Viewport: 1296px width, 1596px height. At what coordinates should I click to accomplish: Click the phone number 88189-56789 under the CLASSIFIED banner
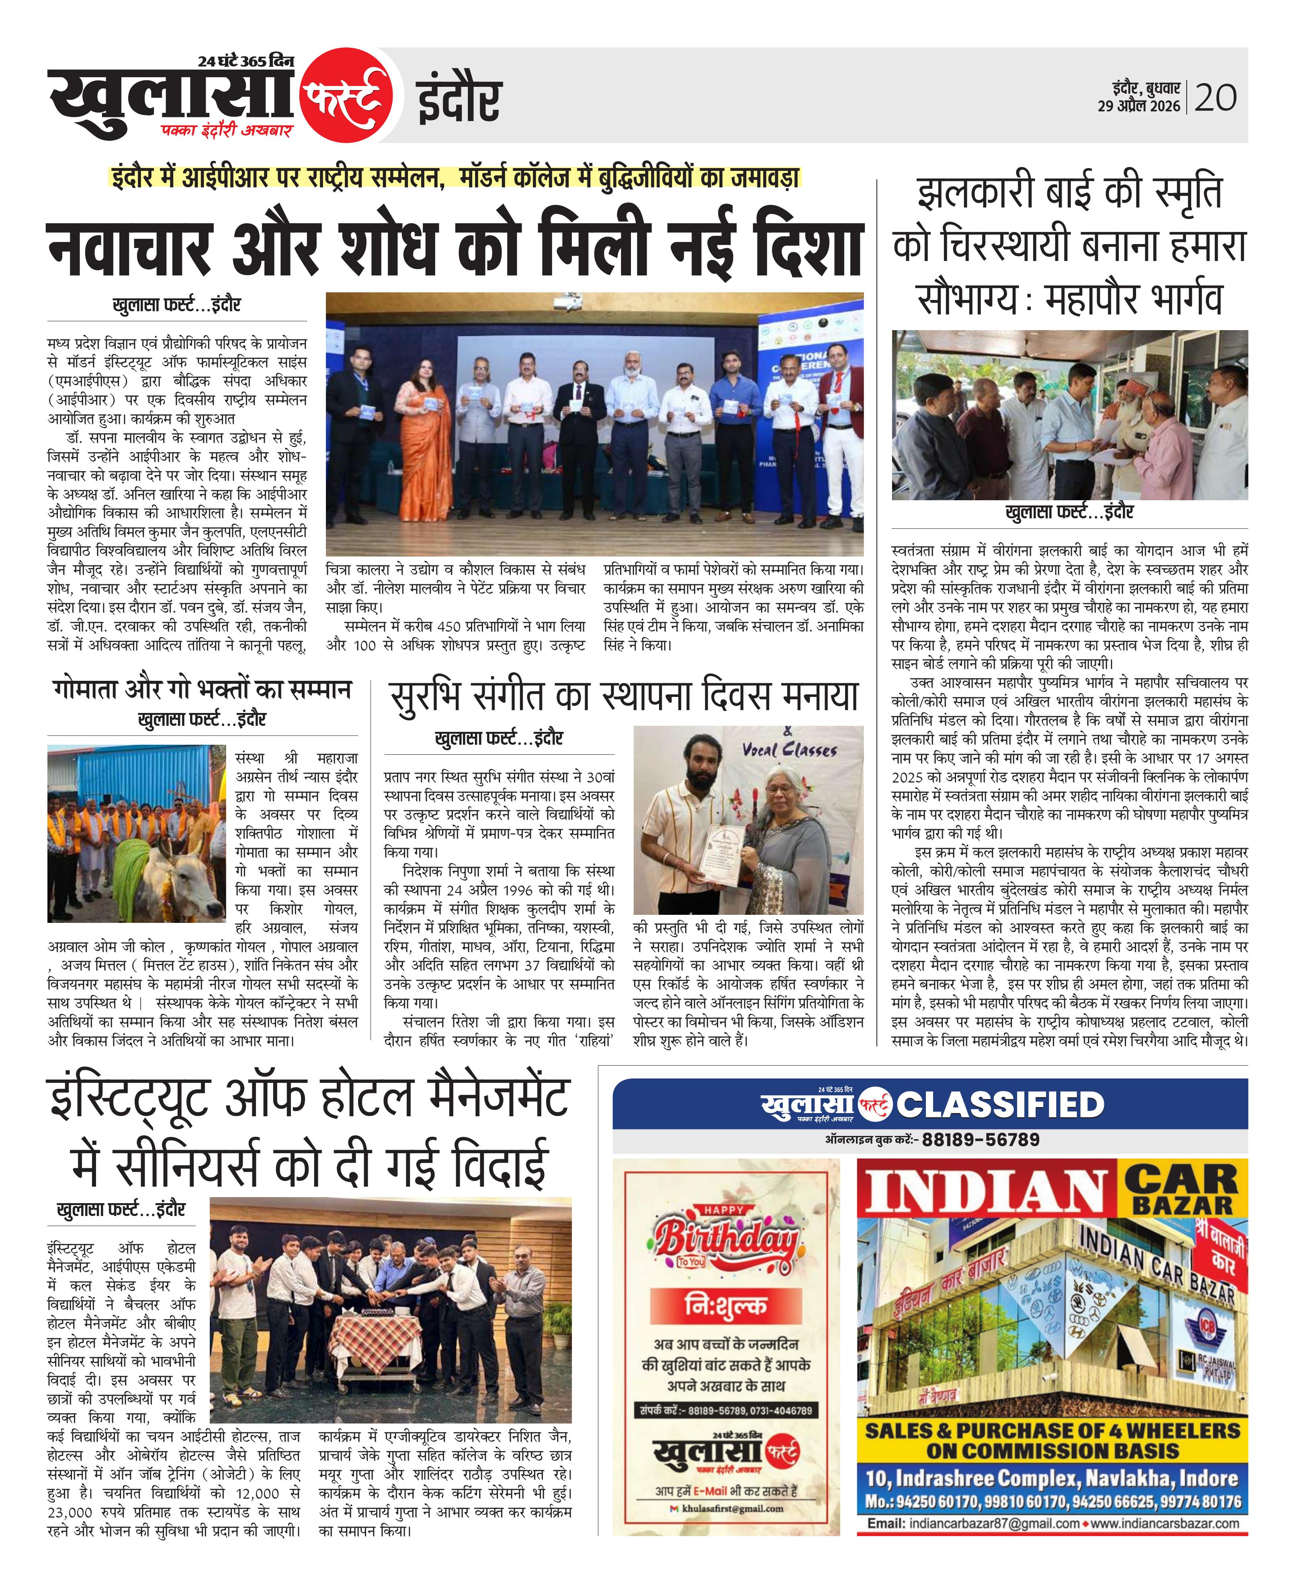coord(980,1140)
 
